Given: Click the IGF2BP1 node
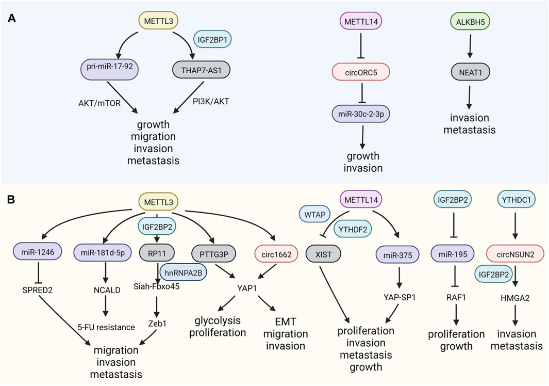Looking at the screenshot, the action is coord(212,39).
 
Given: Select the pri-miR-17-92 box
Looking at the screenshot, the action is coord(110,69).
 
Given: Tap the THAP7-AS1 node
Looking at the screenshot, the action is coord(202,70).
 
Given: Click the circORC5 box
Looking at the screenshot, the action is coord(361,72).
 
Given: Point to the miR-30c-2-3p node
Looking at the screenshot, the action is coord(361,114).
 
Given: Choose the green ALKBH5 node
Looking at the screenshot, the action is coord(471,22).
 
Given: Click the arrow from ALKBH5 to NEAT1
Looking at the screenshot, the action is coord(470,44).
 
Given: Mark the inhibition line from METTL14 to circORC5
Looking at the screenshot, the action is coord(361,44).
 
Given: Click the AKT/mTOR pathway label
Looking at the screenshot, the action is coord(99,103).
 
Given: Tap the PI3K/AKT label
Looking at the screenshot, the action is coord(211,101).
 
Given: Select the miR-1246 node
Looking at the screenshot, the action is coord(38,252).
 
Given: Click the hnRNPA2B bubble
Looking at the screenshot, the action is coord(184,272).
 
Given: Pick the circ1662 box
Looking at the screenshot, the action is coord(277,254).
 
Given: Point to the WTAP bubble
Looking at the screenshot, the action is coord(315,215).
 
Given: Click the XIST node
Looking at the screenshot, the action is coord(323,254).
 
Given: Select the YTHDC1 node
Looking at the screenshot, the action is coord(517,200).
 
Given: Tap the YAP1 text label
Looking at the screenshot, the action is coord(247,288).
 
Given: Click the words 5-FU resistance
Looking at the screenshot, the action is coord(106,327).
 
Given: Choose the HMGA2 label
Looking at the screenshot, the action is coord(515,298).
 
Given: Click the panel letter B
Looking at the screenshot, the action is coord(11,200).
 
